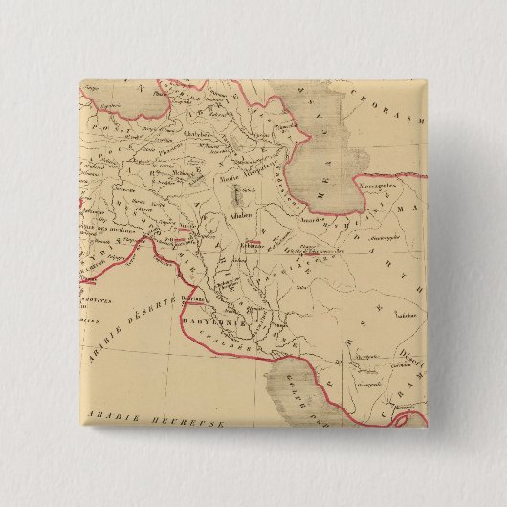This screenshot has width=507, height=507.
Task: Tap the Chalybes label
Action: [198, 135]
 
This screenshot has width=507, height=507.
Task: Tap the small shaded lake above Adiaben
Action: [237, 199]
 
